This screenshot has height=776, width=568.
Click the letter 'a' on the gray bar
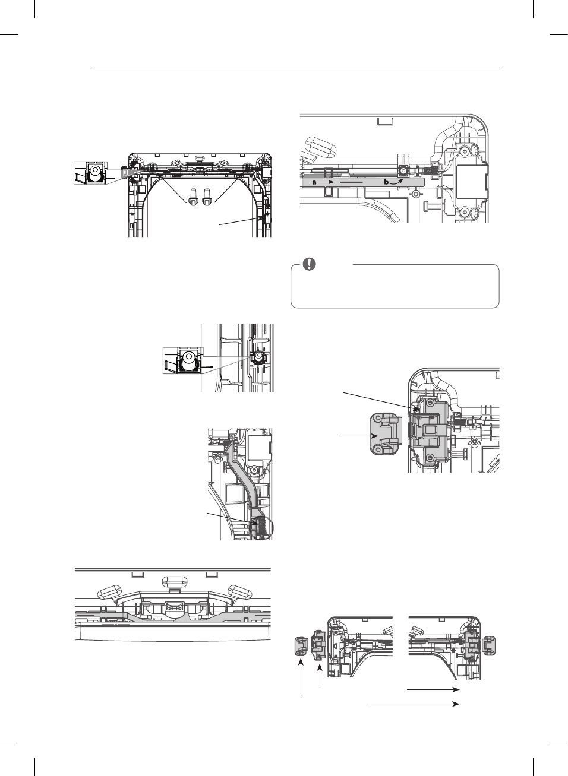(315, 182)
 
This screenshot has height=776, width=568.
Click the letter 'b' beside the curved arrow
(386, 182)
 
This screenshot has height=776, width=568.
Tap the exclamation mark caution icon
(309, 264)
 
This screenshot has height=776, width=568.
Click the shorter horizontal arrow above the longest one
(433, 689)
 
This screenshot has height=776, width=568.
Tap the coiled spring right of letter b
(433, 170)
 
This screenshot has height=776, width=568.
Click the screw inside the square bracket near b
(403, 170)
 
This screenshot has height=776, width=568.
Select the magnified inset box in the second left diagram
(182, 360)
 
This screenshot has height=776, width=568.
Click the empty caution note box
(395, 289)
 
